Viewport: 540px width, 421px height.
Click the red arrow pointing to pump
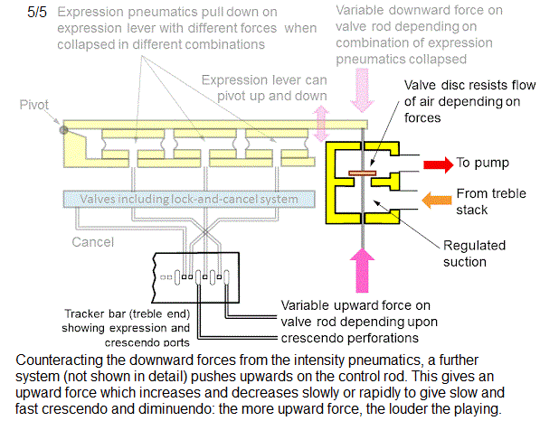[438, 164]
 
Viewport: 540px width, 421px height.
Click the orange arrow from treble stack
[437, 201]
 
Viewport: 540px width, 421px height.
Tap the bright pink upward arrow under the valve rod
[362, 270]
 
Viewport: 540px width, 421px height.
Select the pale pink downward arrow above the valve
[362, 90]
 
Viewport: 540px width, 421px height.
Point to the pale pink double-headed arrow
[321, 124]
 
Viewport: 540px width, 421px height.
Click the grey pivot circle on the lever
[63, 130]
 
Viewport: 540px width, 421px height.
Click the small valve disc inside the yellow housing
[363, 173]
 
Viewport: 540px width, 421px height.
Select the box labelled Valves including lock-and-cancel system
[189, 199]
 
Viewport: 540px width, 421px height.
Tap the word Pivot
[34, 105]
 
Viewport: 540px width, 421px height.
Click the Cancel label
[92, 242]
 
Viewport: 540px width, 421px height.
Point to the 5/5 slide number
[37, 13]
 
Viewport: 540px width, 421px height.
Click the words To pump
[482, 163]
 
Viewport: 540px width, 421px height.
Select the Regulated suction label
[474, 254]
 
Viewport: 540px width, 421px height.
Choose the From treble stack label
[491, 201]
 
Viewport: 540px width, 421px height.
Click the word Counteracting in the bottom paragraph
[59, 360]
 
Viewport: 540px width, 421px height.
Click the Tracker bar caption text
[126, 328]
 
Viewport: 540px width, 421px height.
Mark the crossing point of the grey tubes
[205, 233]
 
